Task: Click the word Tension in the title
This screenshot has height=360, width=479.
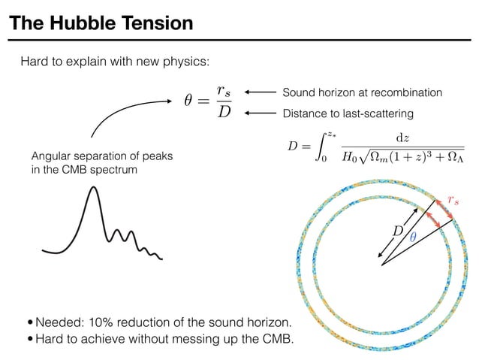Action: (x=151, y=23)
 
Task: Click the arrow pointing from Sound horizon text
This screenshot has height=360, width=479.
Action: (x=259, y=92)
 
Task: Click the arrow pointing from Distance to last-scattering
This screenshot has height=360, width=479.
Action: (x=259, y=114)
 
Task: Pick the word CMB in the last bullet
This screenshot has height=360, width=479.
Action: (x=279, y=340)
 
